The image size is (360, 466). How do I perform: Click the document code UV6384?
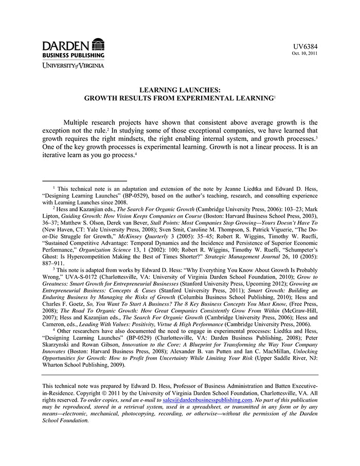click(306, 46)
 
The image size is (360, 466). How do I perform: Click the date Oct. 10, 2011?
click(304, 53)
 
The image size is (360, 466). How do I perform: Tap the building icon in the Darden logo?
click(98, 44)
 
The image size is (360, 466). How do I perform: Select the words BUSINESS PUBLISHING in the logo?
click(73, 55)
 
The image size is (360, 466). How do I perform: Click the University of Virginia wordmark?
click(73, 65)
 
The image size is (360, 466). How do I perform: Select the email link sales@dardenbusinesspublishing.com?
click(207, 400)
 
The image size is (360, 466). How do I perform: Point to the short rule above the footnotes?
click(85, 181)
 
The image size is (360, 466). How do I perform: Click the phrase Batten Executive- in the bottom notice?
click(293, 386)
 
